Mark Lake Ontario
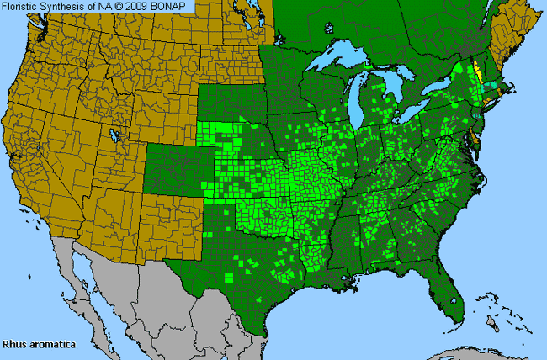coord(439,87)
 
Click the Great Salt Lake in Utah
coord(114,135)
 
